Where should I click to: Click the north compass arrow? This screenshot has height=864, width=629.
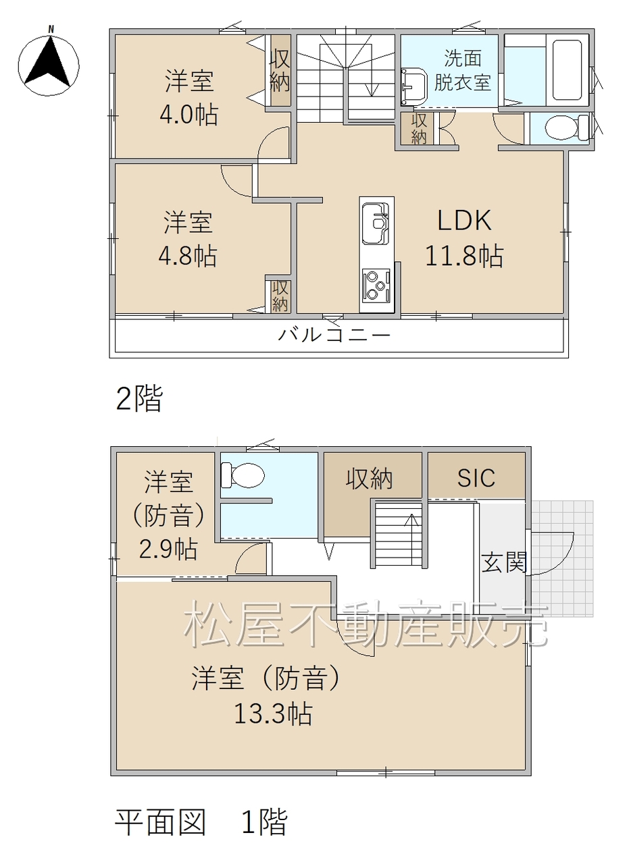(x=48, y=61)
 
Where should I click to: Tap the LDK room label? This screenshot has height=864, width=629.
(x=464, y=220)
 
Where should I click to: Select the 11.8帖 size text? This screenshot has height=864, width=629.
(x=464, y=255)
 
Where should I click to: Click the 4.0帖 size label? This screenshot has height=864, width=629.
(x=188, y=114)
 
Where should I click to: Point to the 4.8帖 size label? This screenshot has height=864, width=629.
(x=188, y=255)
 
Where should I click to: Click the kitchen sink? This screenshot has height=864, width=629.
(x=376, y=223)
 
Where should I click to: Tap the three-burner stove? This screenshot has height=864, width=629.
(x=376, y=286)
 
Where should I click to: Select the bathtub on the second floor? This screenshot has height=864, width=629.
(x=568, y=70)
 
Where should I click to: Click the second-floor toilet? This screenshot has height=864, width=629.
(x=566, y=128)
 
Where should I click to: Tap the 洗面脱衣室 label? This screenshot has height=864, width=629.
(x=463, y=70)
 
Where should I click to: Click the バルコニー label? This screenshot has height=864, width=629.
(x=334, y=335)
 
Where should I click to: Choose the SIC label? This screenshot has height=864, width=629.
(x=476, y=478)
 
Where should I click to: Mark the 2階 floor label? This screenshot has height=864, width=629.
(x=139, y=398)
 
